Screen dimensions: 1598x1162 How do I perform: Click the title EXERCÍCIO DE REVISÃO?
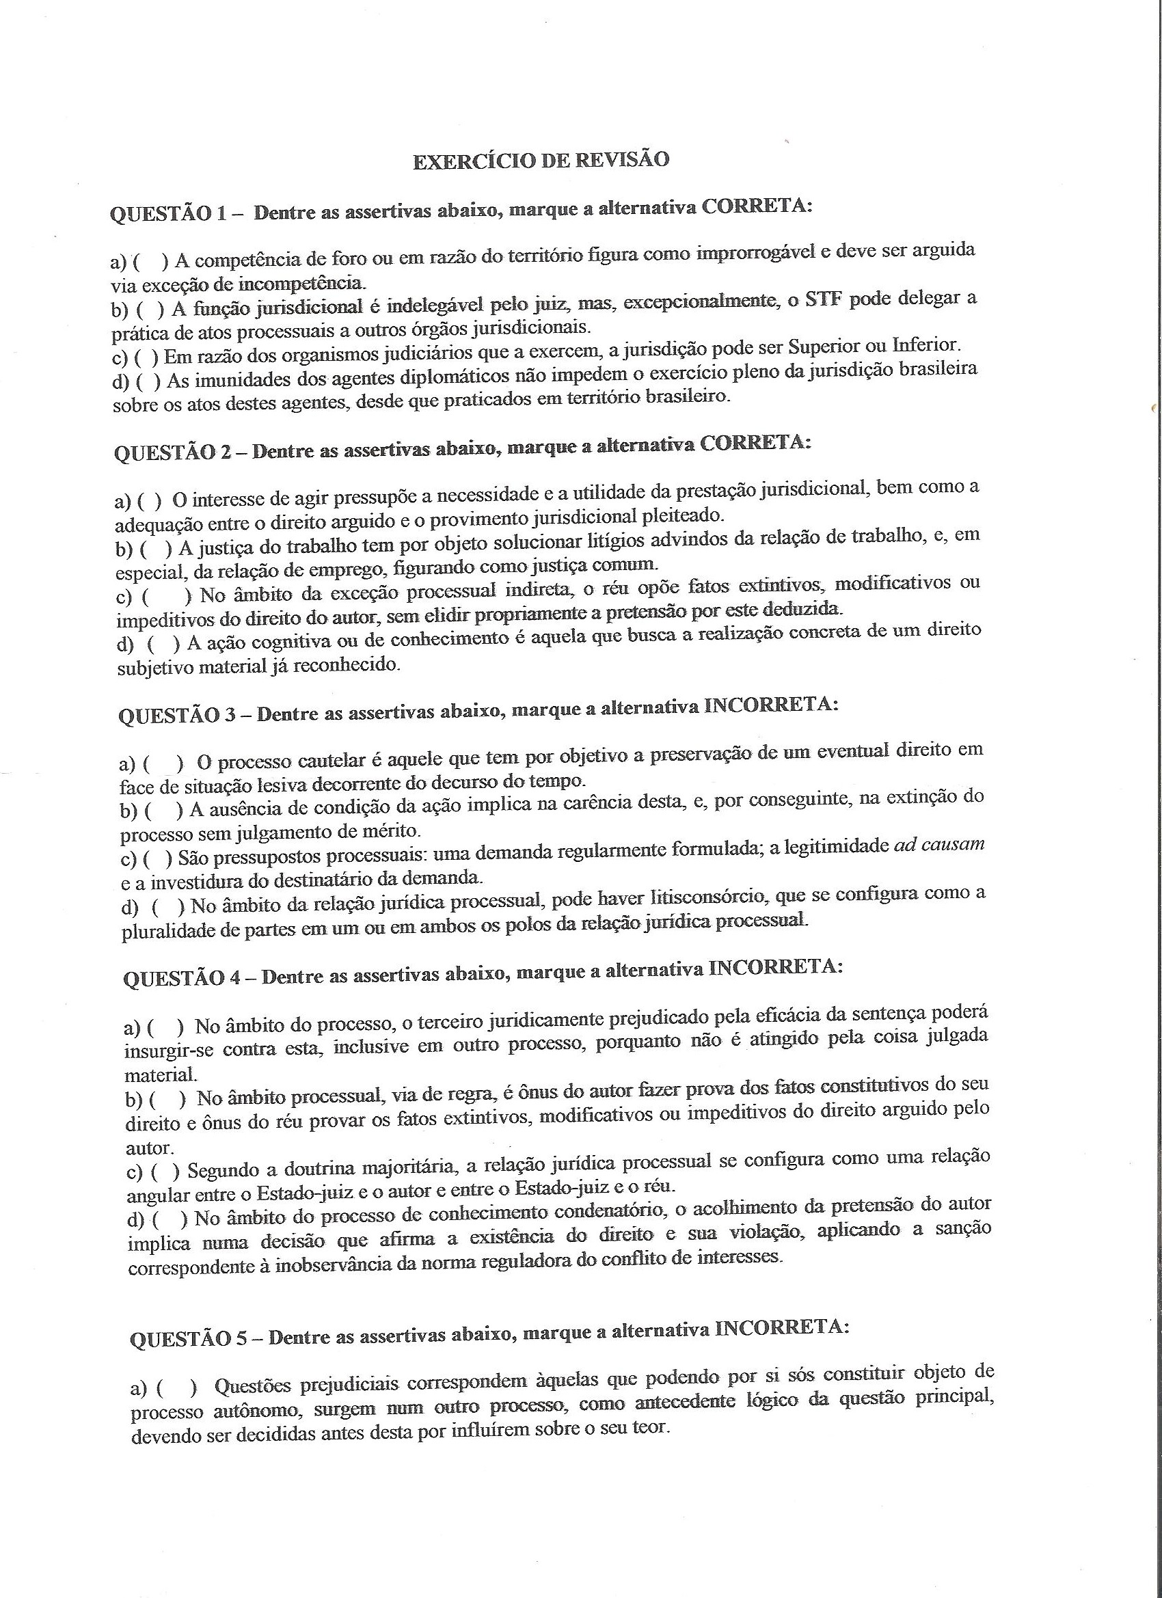(x=541, y=161)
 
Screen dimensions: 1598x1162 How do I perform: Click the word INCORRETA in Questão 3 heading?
(x=771, y=707)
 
